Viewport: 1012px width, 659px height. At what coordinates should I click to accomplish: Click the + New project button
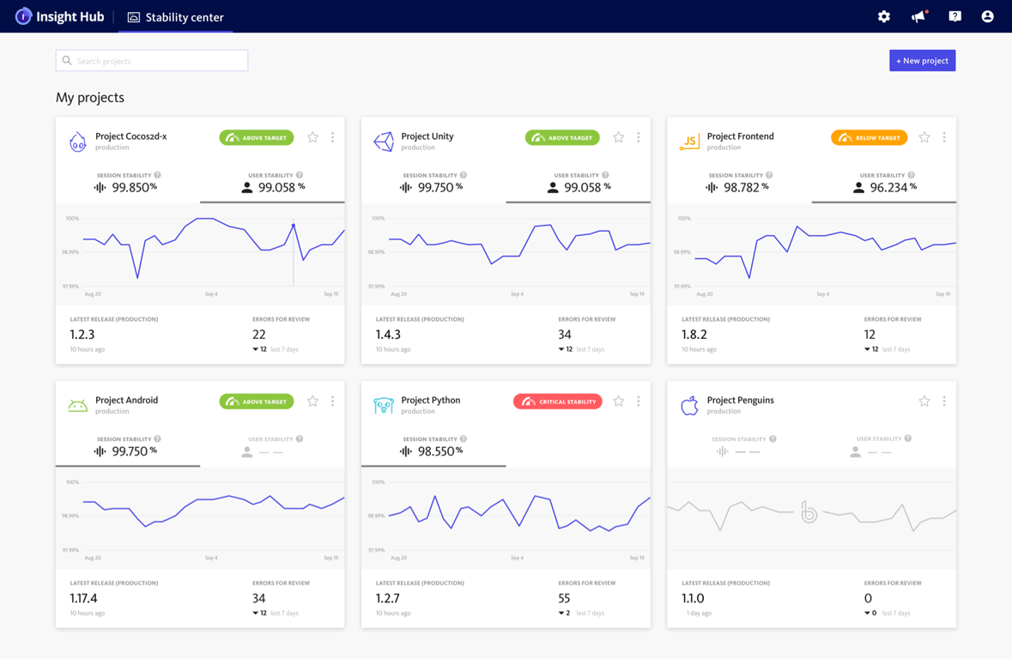922,61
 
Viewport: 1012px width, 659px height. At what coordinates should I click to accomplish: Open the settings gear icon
883,16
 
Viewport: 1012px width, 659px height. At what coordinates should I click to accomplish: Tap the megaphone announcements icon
918,16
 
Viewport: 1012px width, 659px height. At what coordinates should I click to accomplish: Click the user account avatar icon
987,16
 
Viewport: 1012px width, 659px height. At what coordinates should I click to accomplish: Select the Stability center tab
175,17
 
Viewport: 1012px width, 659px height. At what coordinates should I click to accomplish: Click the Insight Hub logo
59,16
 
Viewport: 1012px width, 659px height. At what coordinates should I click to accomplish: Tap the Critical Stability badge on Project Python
558,402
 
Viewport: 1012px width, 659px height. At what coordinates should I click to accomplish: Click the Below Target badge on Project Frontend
869,137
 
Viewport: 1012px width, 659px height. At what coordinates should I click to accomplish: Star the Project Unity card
618,137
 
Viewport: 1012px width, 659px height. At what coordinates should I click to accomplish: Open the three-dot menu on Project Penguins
944,401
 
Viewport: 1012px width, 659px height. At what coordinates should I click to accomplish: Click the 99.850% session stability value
128,187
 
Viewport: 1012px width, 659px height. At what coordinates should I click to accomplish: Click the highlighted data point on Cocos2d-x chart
294,226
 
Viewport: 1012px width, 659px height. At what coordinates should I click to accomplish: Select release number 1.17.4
83,598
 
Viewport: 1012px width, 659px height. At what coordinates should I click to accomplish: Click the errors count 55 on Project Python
564,598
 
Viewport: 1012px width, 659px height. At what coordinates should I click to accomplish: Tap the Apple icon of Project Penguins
689,405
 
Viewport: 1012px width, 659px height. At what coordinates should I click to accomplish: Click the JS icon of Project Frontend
689,142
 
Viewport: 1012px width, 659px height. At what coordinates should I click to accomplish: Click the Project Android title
126,400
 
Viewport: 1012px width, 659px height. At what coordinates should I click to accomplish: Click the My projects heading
90,98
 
